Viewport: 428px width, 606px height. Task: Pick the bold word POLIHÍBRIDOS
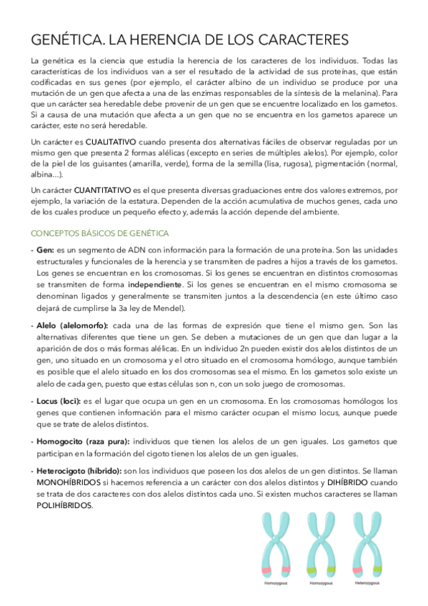tap(64, 505)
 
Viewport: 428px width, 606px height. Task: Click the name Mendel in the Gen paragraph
tap(168, 308)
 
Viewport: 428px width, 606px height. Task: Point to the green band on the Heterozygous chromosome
tap(378, 570)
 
